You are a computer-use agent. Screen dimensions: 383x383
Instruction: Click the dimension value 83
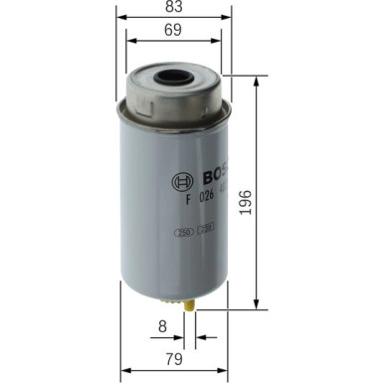[174, 8]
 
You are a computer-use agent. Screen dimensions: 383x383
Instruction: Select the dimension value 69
[174, 33]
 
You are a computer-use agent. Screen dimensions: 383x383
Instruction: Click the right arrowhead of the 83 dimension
[228, 18]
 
